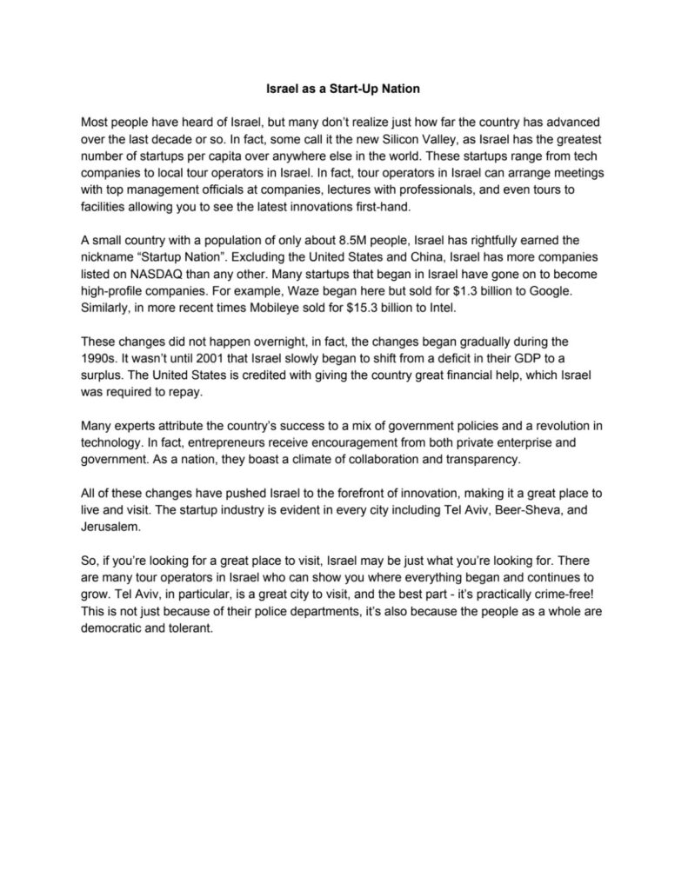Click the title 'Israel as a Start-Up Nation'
pyautogui.click(x=344, y=88)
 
